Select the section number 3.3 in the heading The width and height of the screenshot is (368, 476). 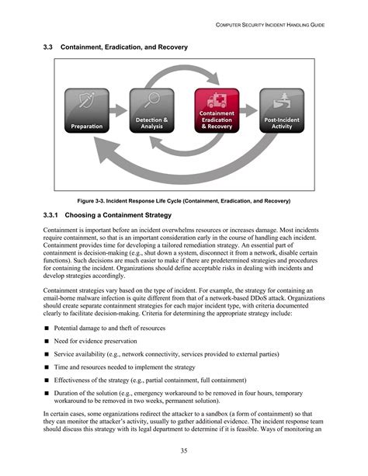click(47, 47)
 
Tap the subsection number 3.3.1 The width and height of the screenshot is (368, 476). click(52, 215)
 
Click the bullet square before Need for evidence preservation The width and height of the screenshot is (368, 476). click(47, 341)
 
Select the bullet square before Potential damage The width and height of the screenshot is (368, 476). click(47, 328)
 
